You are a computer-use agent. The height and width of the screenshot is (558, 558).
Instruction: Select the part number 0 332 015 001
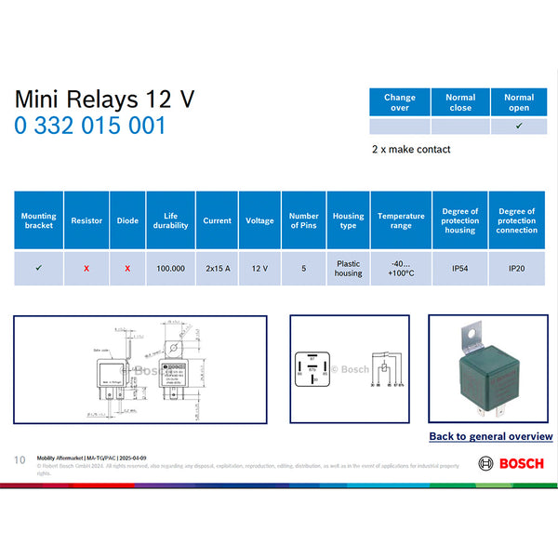[90, 126]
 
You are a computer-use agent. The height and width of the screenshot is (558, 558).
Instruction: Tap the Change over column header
[400, 102]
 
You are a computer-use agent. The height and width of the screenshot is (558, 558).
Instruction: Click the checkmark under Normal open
[519, 126]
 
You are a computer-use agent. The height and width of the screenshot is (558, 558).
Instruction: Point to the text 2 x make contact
[411, 149]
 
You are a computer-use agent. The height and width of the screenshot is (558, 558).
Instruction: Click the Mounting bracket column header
[38, 220]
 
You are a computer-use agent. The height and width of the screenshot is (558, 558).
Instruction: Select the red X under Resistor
[86, 268]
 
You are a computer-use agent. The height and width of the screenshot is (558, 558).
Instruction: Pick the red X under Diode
[127, 268]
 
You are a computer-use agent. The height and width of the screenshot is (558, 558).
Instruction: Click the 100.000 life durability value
[170, 268]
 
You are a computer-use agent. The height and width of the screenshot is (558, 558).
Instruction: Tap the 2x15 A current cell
[217, 268]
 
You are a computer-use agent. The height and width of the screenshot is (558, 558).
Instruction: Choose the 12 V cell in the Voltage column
[259, 268]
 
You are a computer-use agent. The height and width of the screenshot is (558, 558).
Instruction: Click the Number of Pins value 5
[304, 268]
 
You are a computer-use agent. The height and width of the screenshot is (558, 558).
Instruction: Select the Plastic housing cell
[348, 268]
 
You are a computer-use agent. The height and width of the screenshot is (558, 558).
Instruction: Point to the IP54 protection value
[460, 268]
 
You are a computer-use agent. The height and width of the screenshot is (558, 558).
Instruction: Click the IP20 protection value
[516, 268]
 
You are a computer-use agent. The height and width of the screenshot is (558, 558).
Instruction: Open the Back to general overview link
[490, 436]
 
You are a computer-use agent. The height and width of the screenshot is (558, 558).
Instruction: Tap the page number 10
[20, 460]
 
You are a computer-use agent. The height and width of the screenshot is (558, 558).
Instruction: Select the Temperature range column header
[401, 220]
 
